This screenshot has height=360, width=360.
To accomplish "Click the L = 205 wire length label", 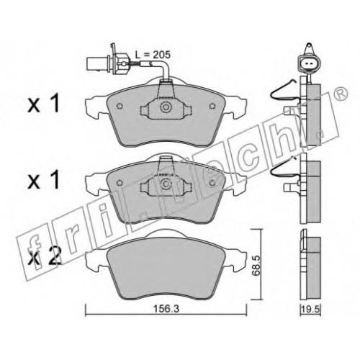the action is [153, 55].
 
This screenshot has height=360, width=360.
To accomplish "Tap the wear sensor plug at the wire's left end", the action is [98, 63].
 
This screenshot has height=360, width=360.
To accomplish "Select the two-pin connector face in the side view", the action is [307, 63].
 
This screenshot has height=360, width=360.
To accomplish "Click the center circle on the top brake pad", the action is [166, 107].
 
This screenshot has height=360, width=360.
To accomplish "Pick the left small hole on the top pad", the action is [120, 106].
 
